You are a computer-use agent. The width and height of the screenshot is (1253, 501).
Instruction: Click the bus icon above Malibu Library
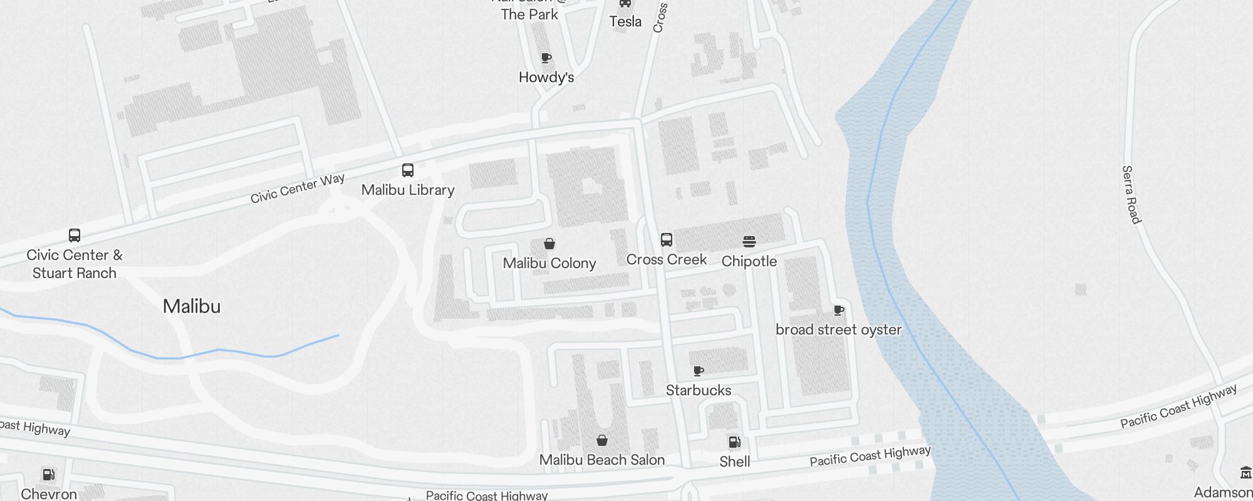(x=407, y=170)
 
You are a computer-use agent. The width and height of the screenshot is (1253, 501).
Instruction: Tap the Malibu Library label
(x=408, y=190)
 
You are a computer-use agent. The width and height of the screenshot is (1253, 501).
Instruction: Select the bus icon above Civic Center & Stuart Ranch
(x=74, y=235)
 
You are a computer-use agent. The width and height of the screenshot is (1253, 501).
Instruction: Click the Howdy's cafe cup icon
(x=546, y=58)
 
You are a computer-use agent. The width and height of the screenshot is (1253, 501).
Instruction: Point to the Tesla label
(x=625, y=22)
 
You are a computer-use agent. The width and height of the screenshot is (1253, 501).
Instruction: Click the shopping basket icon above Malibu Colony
(x=549, y=244)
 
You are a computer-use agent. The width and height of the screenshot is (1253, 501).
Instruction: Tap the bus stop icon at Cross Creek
(x=667, y=240)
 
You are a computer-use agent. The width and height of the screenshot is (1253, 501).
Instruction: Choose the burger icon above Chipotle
(x=749, y=242)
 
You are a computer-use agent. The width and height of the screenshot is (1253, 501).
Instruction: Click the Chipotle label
(x=749, y=261)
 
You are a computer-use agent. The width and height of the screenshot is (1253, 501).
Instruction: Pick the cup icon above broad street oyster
(x=839, y=310)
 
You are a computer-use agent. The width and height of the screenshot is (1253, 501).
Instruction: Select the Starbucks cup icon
(x=699, y=371)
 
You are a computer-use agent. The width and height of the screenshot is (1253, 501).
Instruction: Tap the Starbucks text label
(x=699, y=390)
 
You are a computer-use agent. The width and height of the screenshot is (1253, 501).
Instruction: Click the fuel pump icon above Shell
(x=734, y=442)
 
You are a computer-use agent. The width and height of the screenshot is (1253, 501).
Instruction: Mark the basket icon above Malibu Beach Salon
(x=602, y=440)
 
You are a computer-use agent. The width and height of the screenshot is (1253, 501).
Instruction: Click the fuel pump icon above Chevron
(x=48, y=474)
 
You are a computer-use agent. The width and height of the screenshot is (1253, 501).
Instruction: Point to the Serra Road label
(x=1131, y=194)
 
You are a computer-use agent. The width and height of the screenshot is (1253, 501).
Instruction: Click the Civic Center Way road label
(x=298, y=189)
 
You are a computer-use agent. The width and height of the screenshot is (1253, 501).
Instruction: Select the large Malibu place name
(x=192, y=306)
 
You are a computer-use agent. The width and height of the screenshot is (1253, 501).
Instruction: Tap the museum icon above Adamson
(x=1245, y=472)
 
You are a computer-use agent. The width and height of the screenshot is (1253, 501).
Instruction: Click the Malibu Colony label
(x=549, y=263)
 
